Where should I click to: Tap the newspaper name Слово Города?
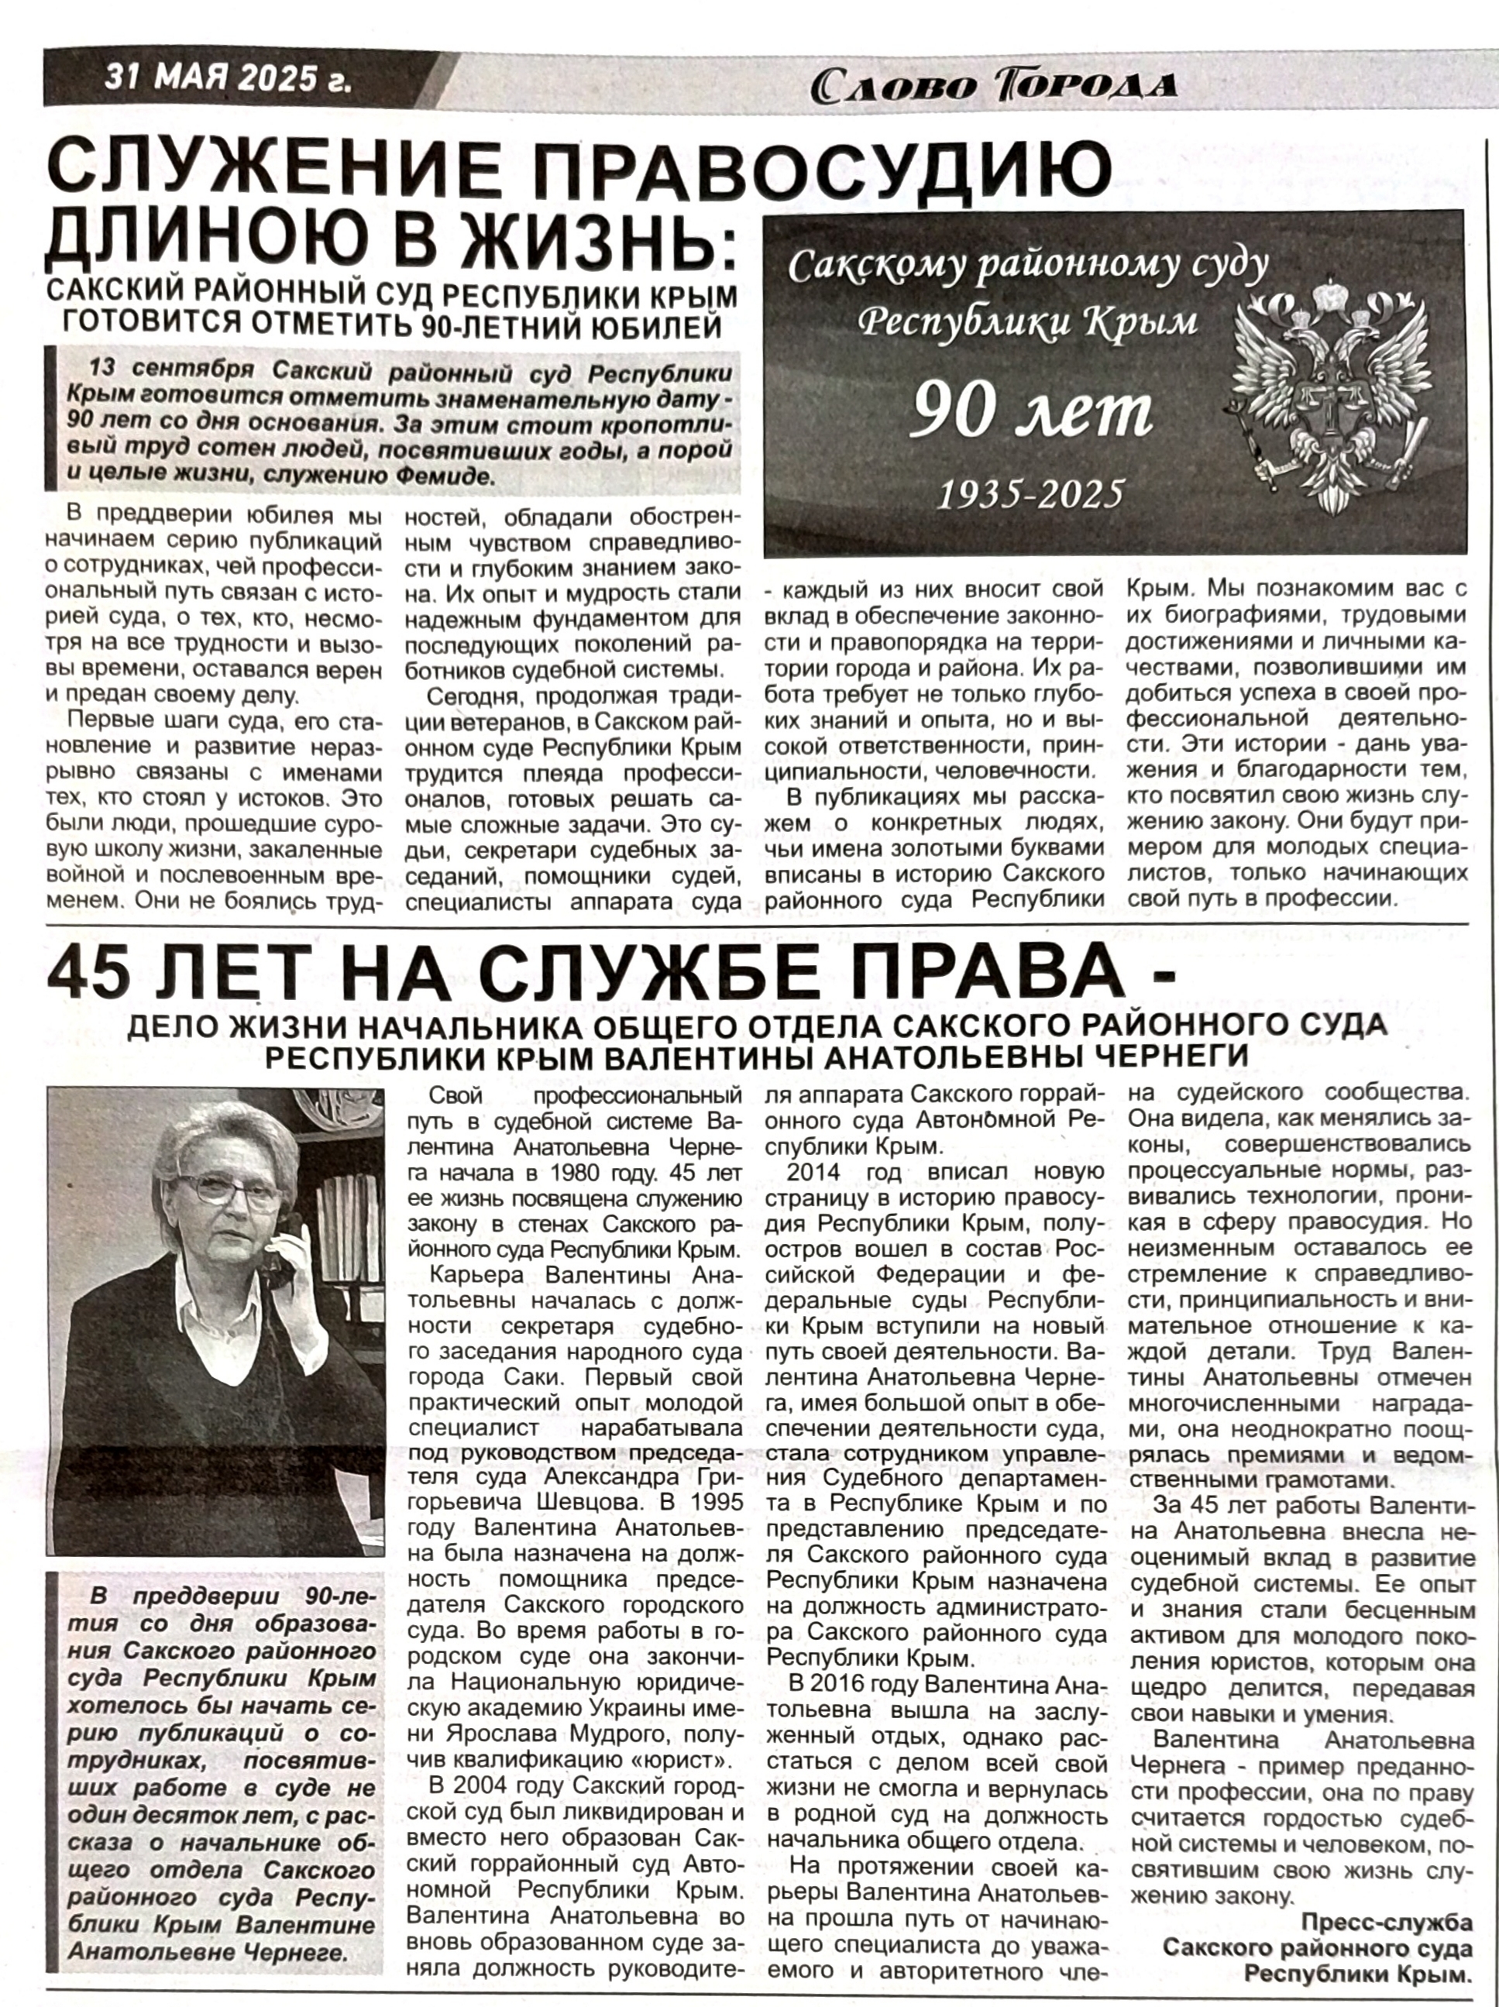[994, 86]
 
